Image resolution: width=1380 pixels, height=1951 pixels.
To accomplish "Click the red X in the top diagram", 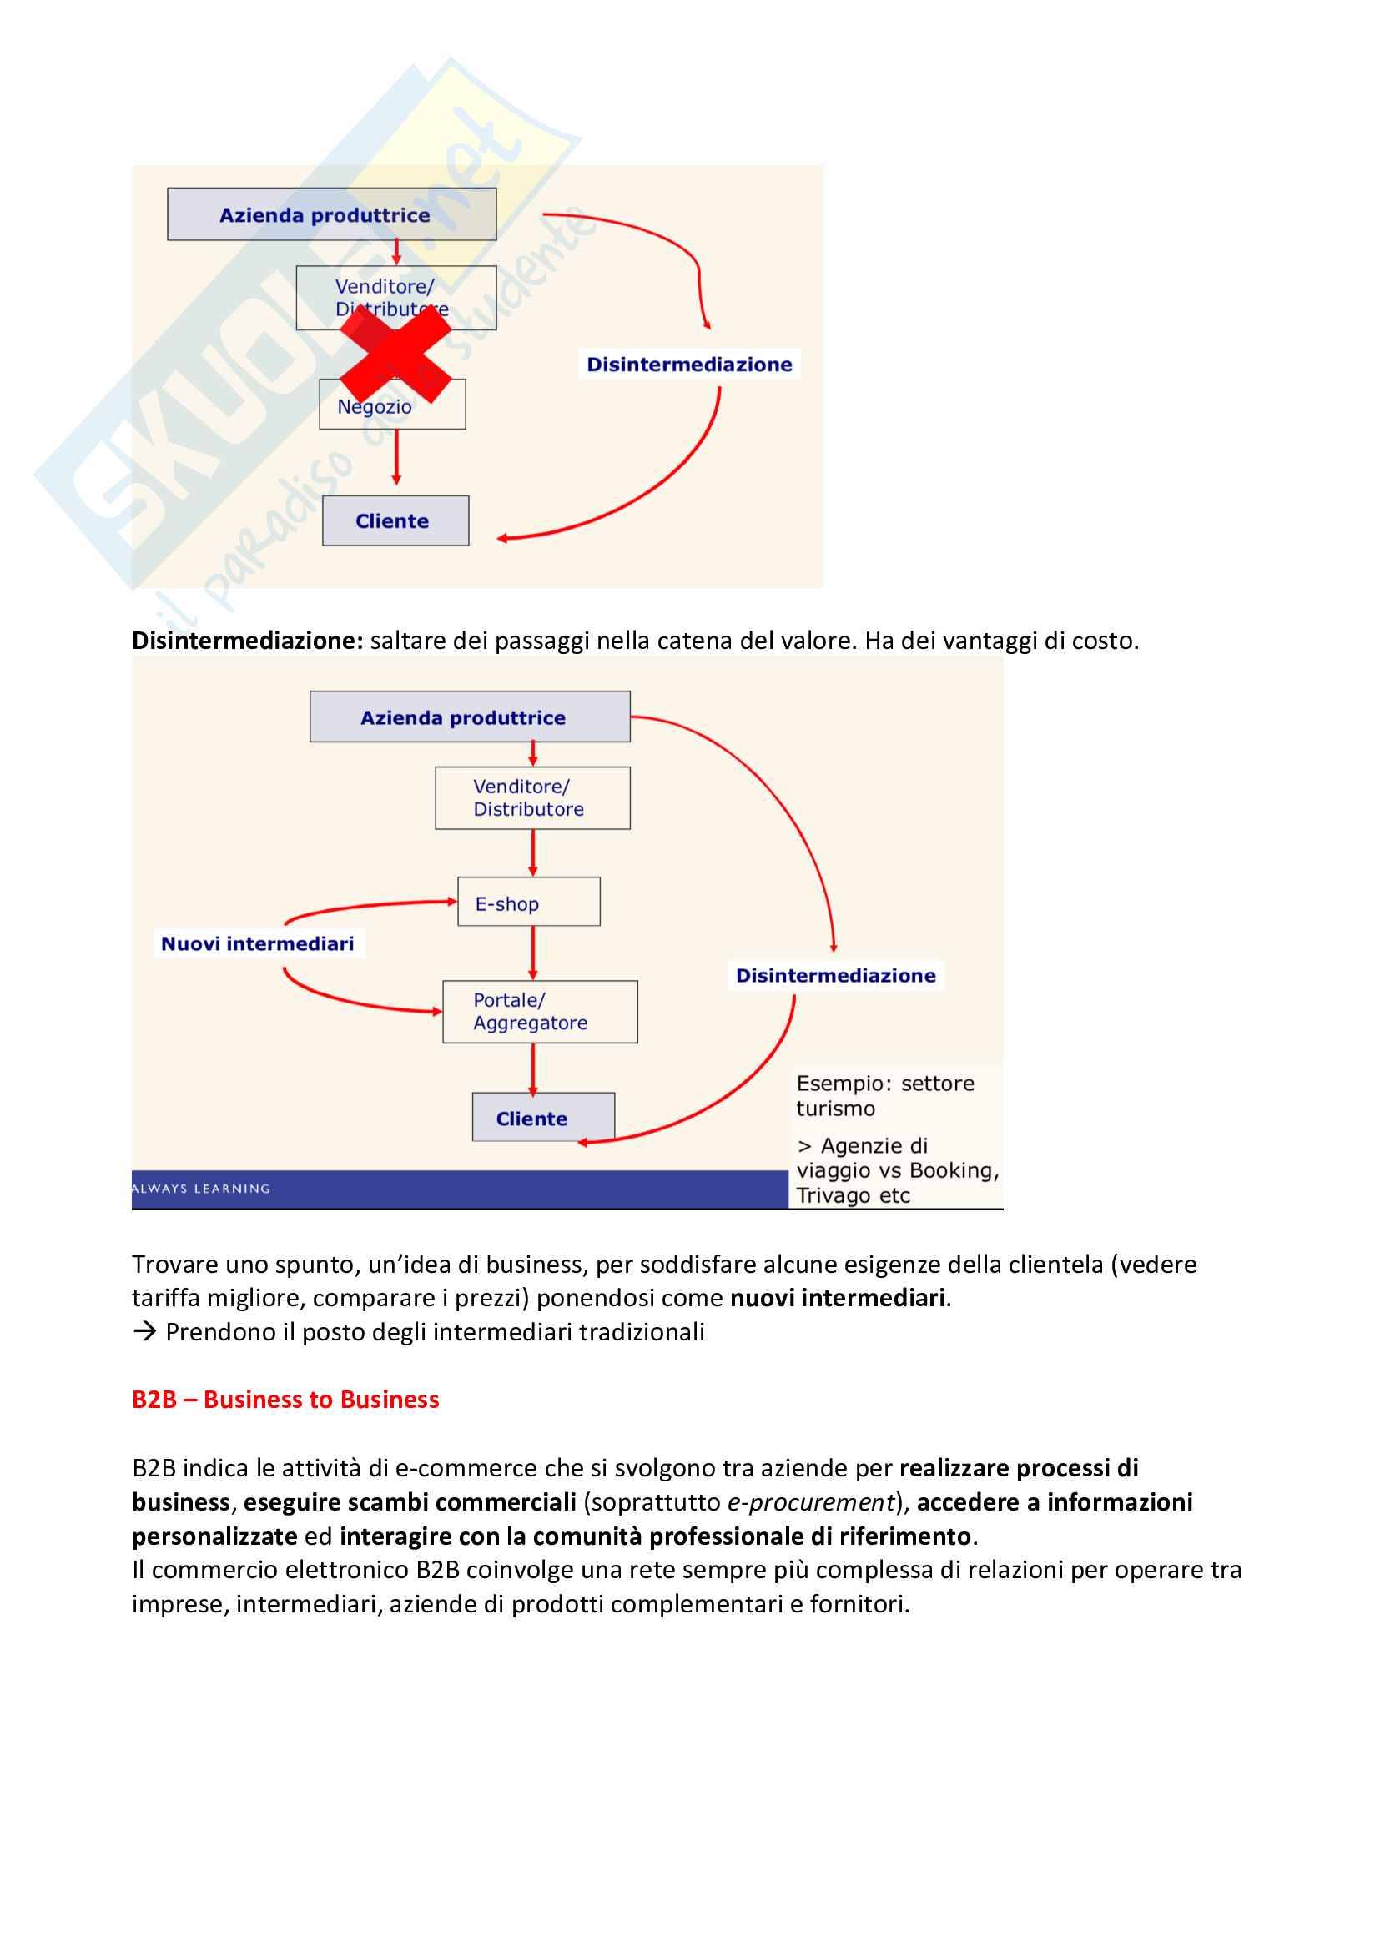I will [x=395, y=354].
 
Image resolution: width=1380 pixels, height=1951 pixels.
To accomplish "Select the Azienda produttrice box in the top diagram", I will [x=331, y=214].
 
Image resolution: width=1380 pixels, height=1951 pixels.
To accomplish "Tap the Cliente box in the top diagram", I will [x=395, y=520].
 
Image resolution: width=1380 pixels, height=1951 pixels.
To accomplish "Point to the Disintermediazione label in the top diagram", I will [x=689, y=365].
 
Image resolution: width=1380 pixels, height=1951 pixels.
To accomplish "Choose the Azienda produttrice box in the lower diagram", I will [x=469, y=717].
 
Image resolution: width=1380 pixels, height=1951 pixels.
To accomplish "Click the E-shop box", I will [x=528, y=902].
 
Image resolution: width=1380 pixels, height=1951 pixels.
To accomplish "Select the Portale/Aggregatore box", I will [x=540, y=1011].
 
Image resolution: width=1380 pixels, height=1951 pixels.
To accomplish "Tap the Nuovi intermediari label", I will [x=258, y=943].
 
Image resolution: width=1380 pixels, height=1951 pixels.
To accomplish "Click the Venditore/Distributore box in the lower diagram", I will [x=532, y=798].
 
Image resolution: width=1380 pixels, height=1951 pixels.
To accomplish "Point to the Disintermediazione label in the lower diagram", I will [x=835, y=976].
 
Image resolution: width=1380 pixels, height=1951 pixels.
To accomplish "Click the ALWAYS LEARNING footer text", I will [x=201, y=1188].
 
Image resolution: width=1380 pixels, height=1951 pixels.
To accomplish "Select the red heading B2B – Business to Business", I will [x=285, y=1400].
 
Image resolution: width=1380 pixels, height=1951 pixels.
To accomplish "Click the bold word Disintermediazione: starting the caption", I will [x=247, y=641].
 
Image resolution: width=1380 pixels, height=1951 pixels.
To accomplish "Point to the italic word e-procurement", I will [x=811, y=1502].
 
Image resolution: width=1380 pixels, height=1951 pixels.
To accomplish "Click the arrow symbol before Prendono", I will [x=144, y=1331].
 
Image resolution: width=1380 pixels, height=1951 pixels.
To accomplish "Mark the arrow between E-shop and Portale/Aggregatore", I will [x=533, y=953].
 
